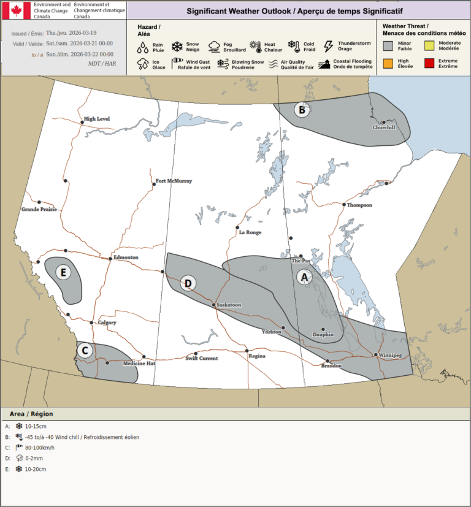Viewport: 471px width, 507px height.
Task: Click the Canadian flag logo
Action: pos(17,10)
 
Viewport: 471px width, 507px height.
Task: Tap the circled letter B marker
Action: pos(301,110)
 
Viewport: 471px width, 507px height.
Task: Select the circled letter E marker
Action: pos(63,272)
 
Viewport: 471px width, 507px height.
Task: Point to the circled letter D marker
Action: pos(188,283)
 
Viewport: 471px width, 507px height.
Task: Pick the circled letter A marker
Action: pos(303,277)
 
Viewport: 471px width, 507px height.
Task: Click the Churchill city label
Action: pos(384,128)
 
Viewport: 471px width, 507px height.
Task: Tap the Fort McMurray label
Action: pos(174,181)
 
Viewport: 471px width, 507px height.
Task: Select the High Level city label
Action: pos(97,118)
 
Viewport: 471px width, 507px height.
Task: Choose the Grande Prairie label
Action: pos(39,210)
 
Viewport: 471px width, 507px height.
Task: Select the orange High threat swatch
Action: pos(388,63)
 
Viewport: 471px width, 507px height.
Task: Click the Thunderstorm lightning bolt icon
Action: pos(328,46)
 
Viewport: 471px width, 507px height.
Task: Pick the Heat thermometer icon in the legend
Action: pos(255,46)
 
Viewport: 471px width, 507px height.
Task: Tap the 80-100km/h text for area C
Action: pos(40,447)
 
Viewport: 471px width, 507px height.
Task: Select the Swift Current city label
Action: pos(201,358)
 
